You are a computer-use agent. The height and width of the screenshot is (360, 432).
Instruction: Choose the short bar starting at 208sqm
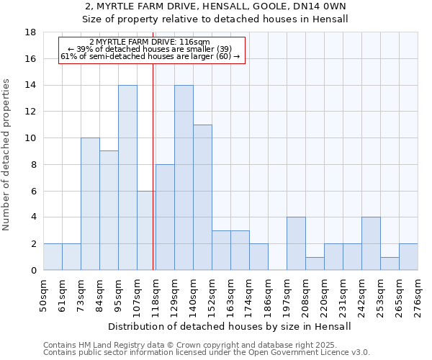(315, 264)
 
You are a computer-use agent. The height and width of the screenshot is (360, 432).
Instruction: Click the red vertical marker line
(153, 158)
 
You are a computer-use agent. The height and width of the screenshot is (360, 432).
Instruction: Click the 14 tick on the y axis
(32, 86)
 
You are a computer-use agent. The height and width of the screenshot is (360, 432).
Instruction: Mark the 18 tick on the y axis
(32, 32)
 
